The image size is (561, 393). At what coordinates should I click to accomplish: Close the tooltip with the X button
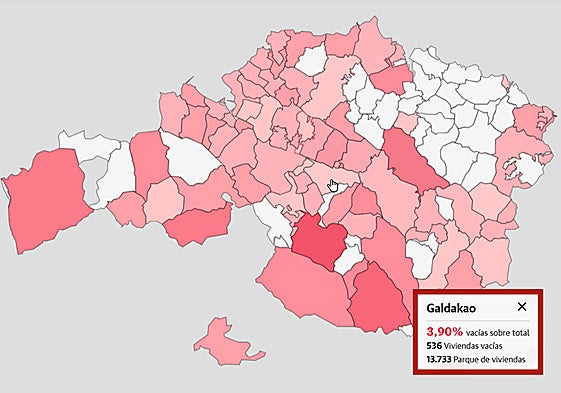click(x=521, y=306)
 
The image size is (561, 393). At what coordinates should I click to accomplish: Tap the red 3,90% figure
click(x=445, y=330)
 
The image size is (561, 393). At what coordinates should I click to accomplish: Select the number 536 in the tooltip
click(x=434, y=345)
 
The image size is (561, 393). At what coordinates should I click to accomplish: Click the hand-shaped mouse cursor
click(x=334, y=186)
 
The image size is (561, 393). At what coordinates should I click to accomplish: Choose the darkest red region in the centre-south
click(x=319, y=242)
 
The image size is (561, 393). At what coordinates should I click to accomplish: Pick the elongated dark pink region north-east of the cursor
click(x=409, y=160)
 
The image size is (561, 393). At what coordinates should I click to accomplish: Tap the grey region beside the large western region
click(x=89, y=180)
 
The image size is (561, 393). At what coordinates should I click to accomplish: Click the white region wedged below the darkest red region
click(x=349, y=261)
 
